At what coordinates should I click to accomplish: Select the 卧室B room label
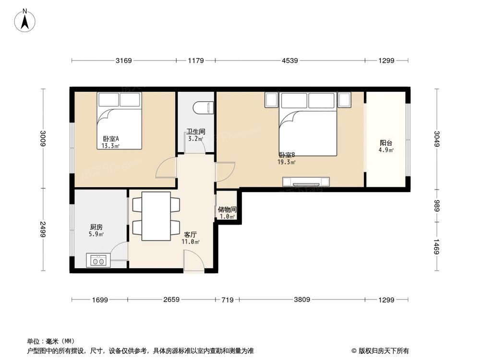pyautogui.click(x=287, y=155)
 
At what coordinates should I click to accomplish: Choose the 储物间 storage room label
pyautogui.click(x=227, y=210)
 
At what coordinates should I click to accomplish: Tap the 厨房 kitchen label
pyautogui.click(x=96, y=227)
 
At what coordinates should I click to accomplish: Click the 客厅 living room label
pyautogui.click(x=191, y=235)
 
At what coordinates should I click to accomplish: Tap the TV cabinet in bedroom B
pyautogui.click(x=306, y=182)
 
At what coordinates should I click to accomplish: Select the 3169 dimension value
pyautogui.click(x=123, y=60)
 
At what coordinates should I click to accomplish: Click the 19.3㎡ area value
pyautogui.click(x=287, y=162)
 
